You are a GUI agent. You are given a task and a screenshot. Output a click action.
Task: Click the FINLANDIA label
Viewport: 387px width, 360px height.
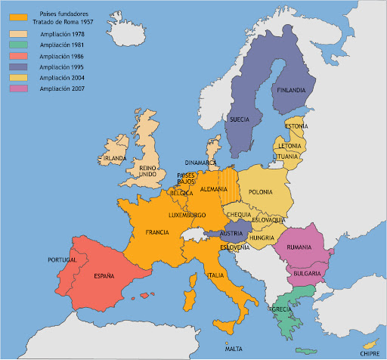[x=291, y=90]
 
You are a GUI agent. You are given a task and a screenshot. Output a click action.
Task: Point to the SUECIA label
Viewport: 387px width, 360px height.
[x=239, y=119]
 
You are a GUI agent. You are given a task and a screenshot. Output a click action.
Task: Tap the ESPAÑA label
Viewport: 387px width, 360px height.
[x=104, y=277]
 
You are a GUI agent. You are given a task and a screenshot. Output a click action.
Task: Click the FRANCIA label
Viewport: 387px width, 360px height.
[x=156, y=232]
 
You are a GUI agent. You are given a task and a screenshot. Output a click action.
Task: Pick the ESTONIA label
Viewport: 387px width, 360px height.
[x=296, y=126]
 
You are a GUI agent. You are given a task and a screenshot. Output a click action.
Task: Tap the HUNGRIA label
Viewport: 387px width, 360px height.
[x=262, y=237]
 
